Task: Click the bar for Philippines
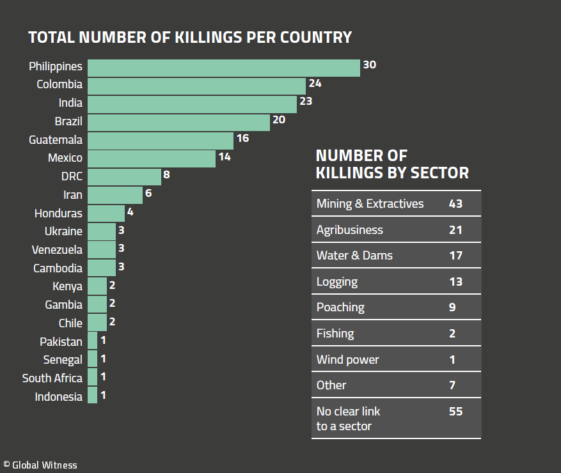[x=223, y=67]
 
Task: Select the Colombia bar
[x=196, y=85]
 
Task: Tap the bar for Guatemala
[x=161, y=140]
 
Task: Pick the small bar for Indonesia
[x=93, y=396]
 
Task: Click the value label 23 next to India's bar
[x=305, y=101]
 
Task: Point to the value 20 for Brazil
[x=278, y=120]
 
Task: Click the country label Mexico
[x=65, y=158]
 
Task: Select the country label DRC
[x=72, y=176]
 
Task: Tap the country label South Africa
[x=52, y=378]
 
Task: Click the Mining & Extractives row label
[x=370, y=204]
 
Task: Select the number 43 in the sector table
[x=455, y=204]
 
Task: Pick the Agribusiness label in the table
[x=349, y=230]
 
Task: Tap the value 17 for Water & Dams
[x=455, y=256]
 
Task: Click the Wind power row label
[x=347, y=359]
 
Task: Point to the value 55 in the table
[x=455, y=412]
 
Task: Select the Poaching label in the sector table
[x=340, y=307]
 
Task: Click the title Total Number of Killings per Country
[x=190, y=37]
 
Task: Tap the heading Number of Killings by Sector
[x=392, y=164]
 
